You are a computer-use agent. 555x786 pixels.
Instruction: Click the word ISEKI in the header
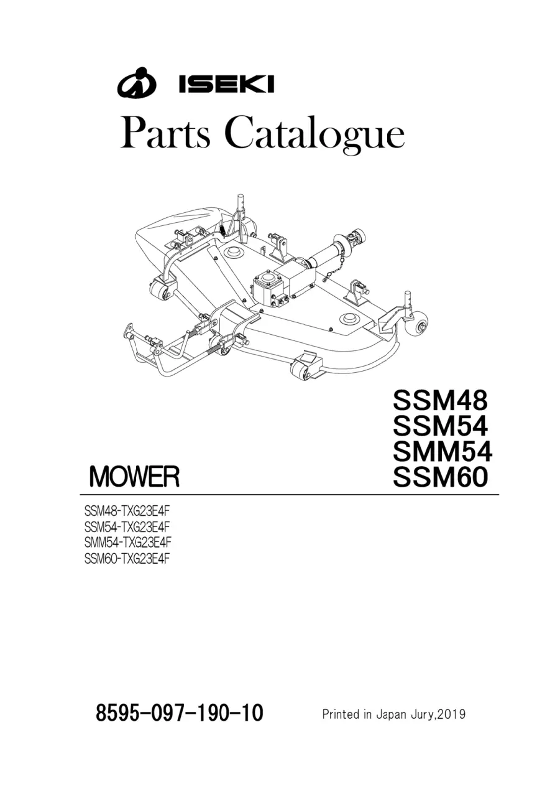coord(226,85)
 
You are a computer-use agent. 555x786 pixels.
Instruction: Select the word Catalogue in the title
coord(314,136)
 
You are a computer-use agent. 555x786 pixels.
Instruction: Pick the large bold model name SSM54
coord(441,426)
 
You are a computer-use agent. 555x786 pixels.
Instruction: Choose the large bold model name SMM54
coord(443,452)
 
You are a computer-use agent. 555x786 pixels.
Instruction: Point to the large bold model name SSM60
coord(441,477)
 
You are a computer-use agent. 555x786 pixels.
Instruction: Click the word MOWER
coord(134,477)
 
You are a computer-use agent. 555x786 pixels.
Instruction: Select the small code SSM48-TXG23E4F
coord(128,512)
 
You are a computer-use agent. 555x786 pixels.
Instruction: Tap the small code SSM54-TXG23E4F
coord(128,527)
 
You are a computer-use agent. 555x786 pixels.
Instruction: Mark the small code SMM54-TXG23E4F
coord(128,543)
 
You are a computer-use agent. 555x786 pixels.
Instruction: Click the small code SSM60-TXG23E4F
coord(128,558)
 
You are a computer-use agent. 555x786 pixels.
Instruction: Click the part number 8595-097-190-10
coord(180,703)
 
